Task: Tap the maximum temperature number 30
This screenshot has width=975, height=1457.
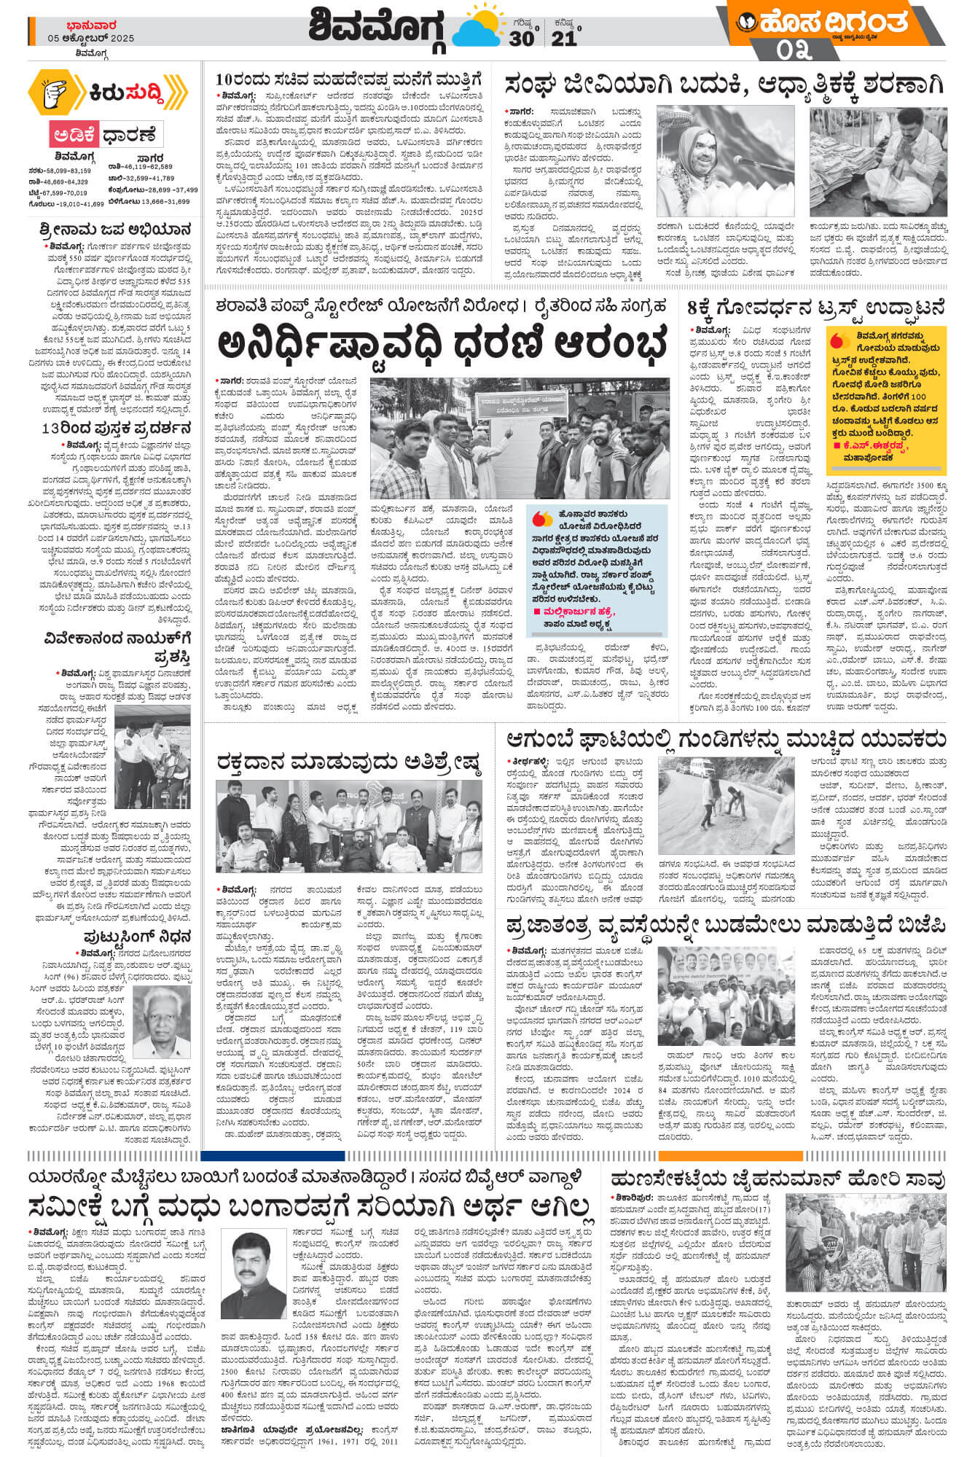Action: point(521,38)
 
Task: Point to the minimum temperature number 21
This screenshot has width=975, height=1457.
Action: point(563,38)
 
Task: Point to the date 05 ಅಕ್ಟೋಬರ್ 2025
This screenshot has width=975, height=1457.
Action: point(91,39)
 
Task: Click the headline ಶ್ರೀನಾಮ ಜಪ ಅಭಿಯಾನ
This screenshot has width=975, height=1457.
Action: point(115,230)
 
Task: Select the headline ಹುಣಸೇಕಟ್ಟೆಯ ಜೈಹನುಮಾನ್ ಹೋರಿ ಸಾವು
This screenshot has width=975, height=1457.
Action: point(778,1179)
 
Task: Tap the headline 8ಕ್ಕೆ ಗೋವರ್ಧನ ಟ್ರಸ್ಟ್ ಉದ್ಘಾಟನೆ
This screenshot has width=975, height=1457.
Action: point(816,308)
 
